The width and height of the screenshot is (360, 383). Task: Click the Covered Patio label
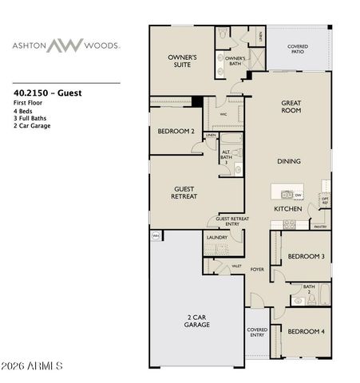(x=297, y=49)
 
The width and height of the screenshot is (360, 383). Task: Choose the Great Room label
(x=289, y=107)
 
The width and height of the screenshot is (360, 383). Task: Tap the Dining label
(x=289, y=161)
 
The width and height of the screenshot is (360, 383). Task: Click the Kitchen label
(x=287, y=208)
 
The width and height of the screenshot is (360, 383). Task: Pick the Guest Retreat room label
(x=184, y=192)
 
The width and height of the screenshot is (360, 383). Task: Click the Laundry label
(x=216, y=238)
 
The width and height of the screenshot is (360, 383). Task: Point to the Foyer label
(x=257, y=270)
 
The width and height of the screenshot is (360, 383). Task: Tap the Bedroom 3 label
(x=304, y=256)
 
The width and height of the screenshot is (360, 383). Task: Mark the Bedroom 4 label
(x=304, y=331)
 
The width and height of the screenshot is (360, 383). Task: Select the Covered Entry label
(x=256, y=332)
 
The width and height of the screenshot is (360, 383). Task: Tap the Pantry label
(x=319, y=227)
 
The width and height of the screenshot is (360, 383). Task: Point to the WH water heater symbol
(x=155, y=235)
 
